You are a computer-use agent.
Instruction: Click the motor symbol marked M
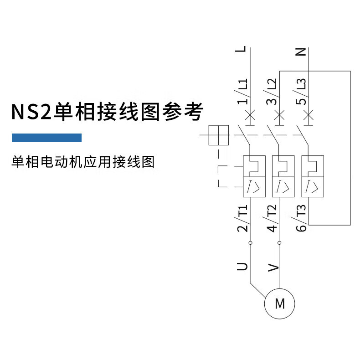280,303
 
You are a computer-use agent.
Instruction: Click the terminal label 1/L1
243,91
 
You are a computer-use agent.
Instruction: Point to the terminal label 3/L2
272,91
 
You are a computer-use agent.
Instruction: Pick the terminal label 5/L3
301,91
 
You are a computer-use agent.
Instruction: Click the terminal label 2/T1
243,219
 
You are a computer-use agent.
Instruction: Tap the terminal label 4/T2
272,219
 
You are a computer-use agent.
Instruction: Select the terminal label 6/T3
302,219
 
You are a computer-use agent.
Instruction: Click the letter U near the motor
243,266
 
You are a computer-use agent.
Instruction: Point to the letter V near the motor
273,267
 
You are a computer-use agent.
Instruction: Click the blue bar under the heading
46,138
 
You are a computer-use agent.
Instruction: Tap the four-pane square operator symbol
218,135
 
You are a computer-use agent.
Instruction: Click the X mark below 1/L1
250,113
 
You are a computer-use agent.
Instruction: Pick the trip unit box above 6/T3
313,176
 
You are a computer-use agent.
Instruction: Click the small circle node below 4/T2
279,243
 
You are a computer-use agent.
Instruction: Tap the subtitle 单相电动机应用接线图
83,162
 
